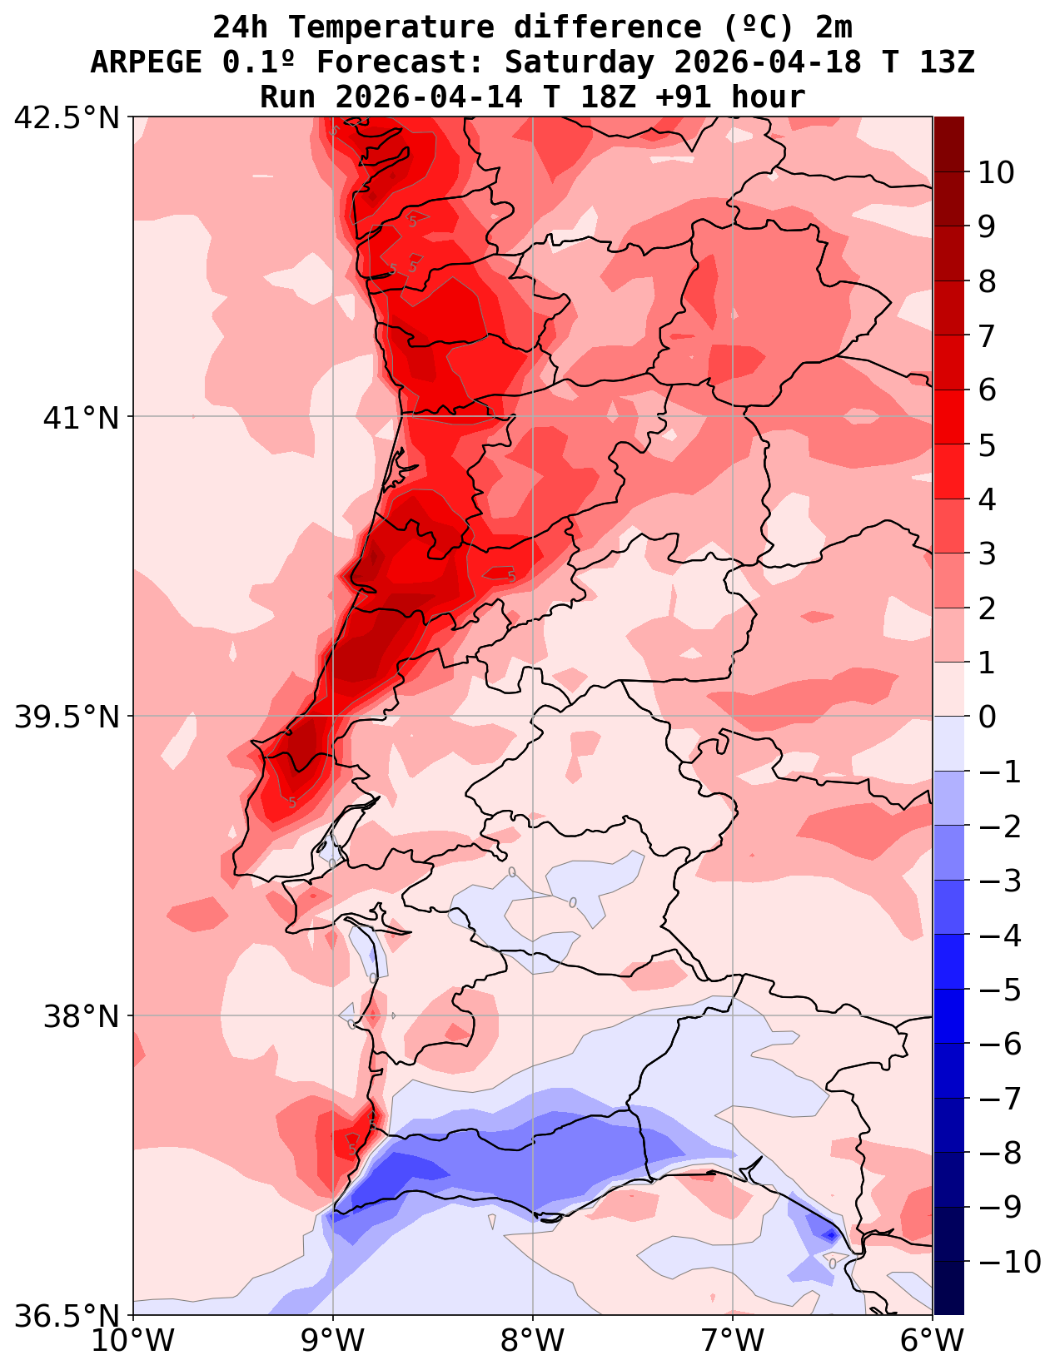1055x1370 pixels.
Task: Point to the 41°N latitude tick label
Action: pos(82,417)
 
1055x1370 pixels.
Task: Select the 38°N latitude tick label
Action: pos(82,1016)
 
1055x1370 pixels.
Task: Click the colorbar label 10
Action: pos(996,173)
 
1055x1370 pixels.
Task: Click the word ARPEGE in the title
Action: pos(146,62)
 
